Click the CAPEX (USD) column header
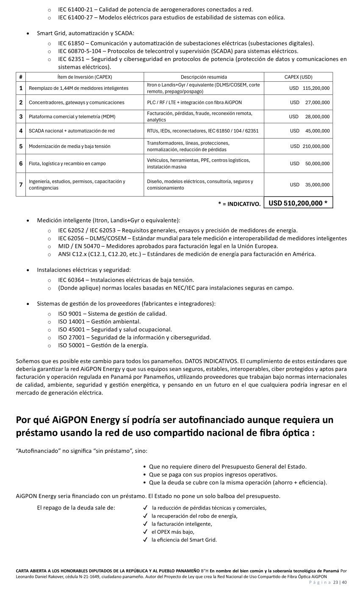tap(298, 77)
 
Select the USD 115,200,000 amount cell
tap(309, 88)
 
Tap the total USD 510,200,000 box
tap(298, 203)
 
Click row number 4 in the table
tap(21, 131)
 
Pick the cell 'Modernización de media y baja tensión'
tap(69, 146)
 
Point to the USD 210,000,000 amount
tap(310, 146)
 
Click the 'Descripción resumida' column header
tap(204, 77)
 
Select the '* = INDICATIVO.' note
tap(239, 204)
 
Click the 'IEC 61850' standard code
tap(72, 43)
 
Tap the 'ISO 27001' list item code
tap(71, 338)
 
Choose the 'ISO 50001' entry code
tap(71, 345)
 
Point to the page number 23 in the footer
tap(335, 582)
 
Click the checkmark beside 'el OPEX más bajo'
tap(145, 532)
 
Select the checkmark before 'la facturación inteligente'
tap(145, 524)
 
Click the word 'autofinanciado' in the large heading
tap(214, 420)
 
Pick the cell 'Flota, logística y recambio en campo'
tap(67, 163)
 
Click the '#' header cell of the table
tap(21, 77)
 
